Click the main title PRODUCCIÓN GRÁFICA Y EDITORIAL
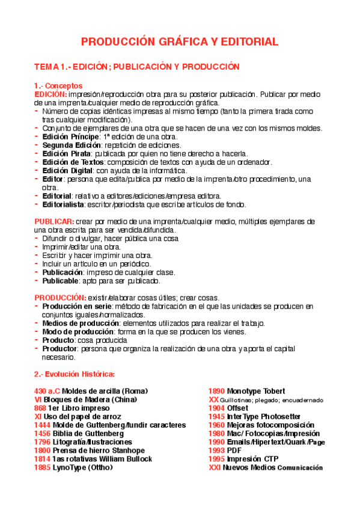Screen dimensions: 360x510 pyautogui.click(x=180, y=41)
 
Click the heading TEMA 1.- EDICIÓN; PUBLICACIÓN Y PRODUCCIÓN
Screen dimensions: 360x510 pyautogui.click(x=137, y=66)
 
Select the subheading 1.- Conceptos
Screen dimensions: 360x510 pyautogui.click(x=58, y=86)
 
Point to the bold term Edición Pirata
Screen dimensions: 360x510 pyautogui.click(x=64, y=153)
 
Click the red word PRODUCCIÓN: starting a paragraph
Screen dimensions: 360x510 pyautogui.click(x=60, y=298)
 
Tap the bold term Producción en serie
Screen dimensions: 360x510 pyautogui.click(x=78, y=307)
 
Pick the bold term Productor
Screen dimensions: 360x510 pyautogui.click(x=59, y=349)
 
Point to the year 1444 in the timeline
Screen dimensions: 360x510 pyautogui.click(x=43, y=425)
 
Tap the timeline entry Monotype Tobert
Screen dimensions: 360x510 pyautogui.click(x=256, y=391)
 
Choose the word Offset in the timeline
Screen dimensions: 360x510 pyautogui.click(x=237, y=408)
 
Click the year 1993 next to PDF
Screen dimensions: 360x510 pyautogui.click(x=216, y=450)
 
